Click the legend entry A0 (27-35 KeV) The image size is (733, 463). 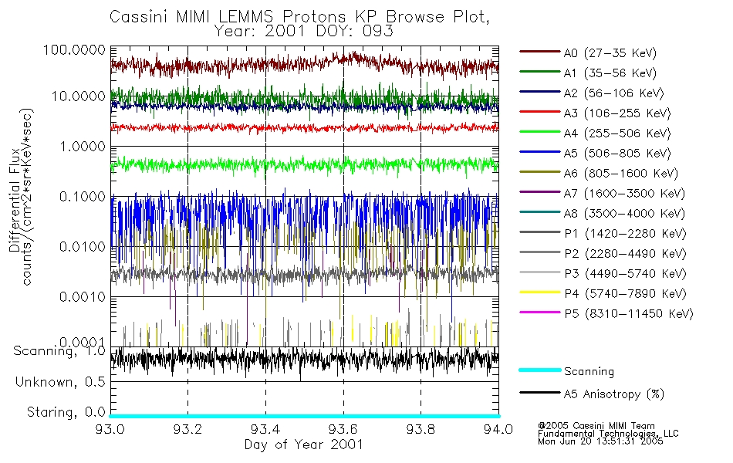click(605, 53)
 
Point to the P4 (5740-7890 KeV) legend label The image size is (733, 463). click(624, 294)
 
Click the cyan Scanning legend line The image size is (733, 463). click(539, 370)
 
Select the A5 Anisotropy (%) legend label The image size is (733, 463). click(614, 394)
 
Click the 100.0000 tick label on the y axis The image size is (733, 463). click(75, 49)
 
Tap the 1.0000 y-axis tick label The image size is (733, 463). click(80, 147)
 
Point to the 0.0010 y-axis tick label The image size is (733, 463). click(80, 297)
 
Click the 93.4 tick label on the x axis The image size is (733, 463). click(265, 428)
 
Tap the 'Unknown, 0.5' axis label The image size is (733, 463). click(60, 382)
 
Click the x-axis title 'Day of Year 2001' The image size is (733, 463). click(303, 444)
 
